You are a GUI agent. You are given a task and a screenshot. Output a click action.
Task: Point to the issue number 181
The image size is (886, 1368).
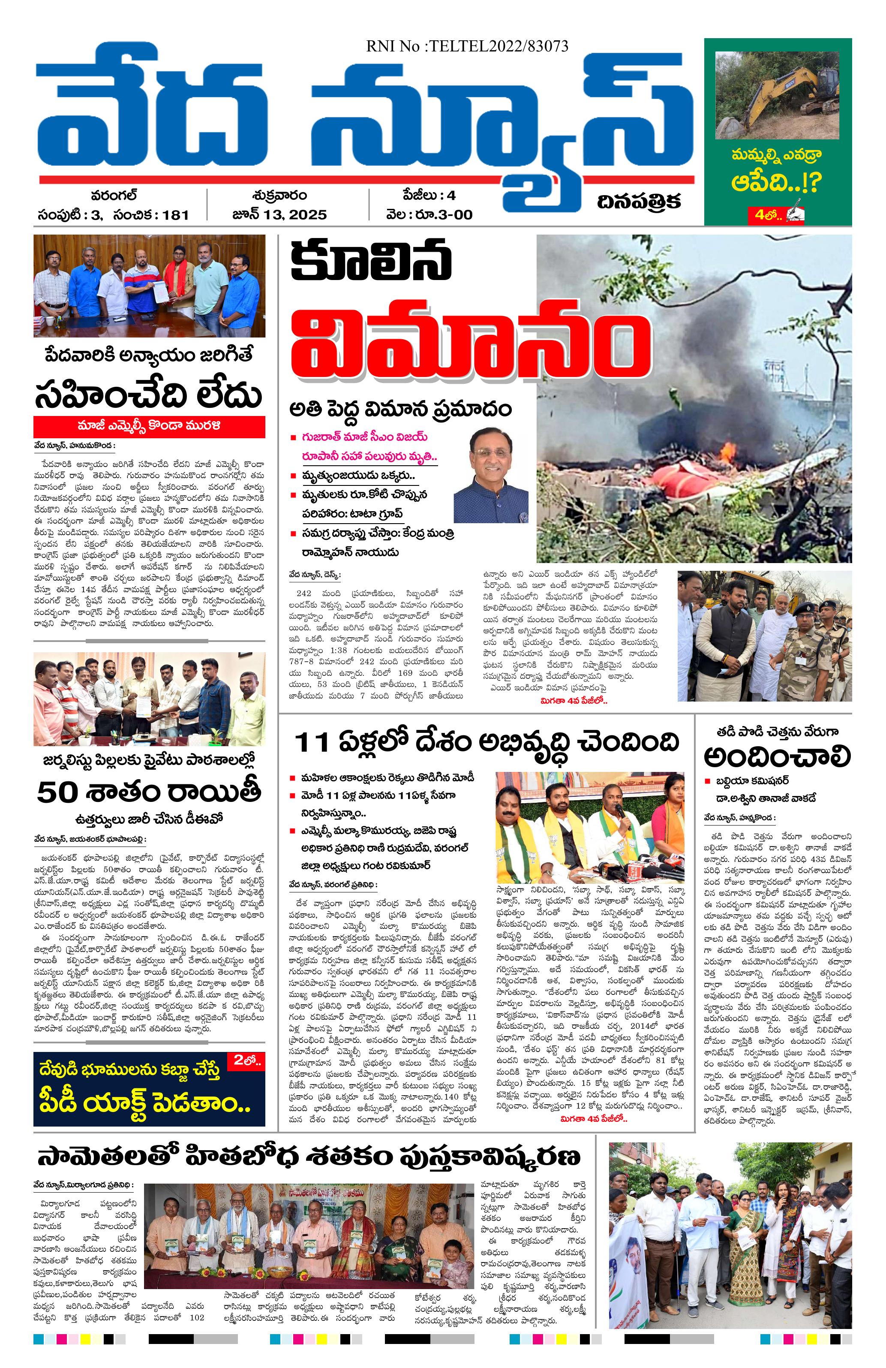[175, 215]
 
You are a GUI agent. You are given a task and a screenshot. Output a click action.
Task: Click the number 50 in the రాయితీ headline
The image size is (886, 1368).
[57, 792]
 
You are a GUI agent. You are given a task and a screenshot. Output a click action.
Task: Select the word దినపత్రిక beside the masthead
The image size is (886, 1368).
[639, 202]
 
